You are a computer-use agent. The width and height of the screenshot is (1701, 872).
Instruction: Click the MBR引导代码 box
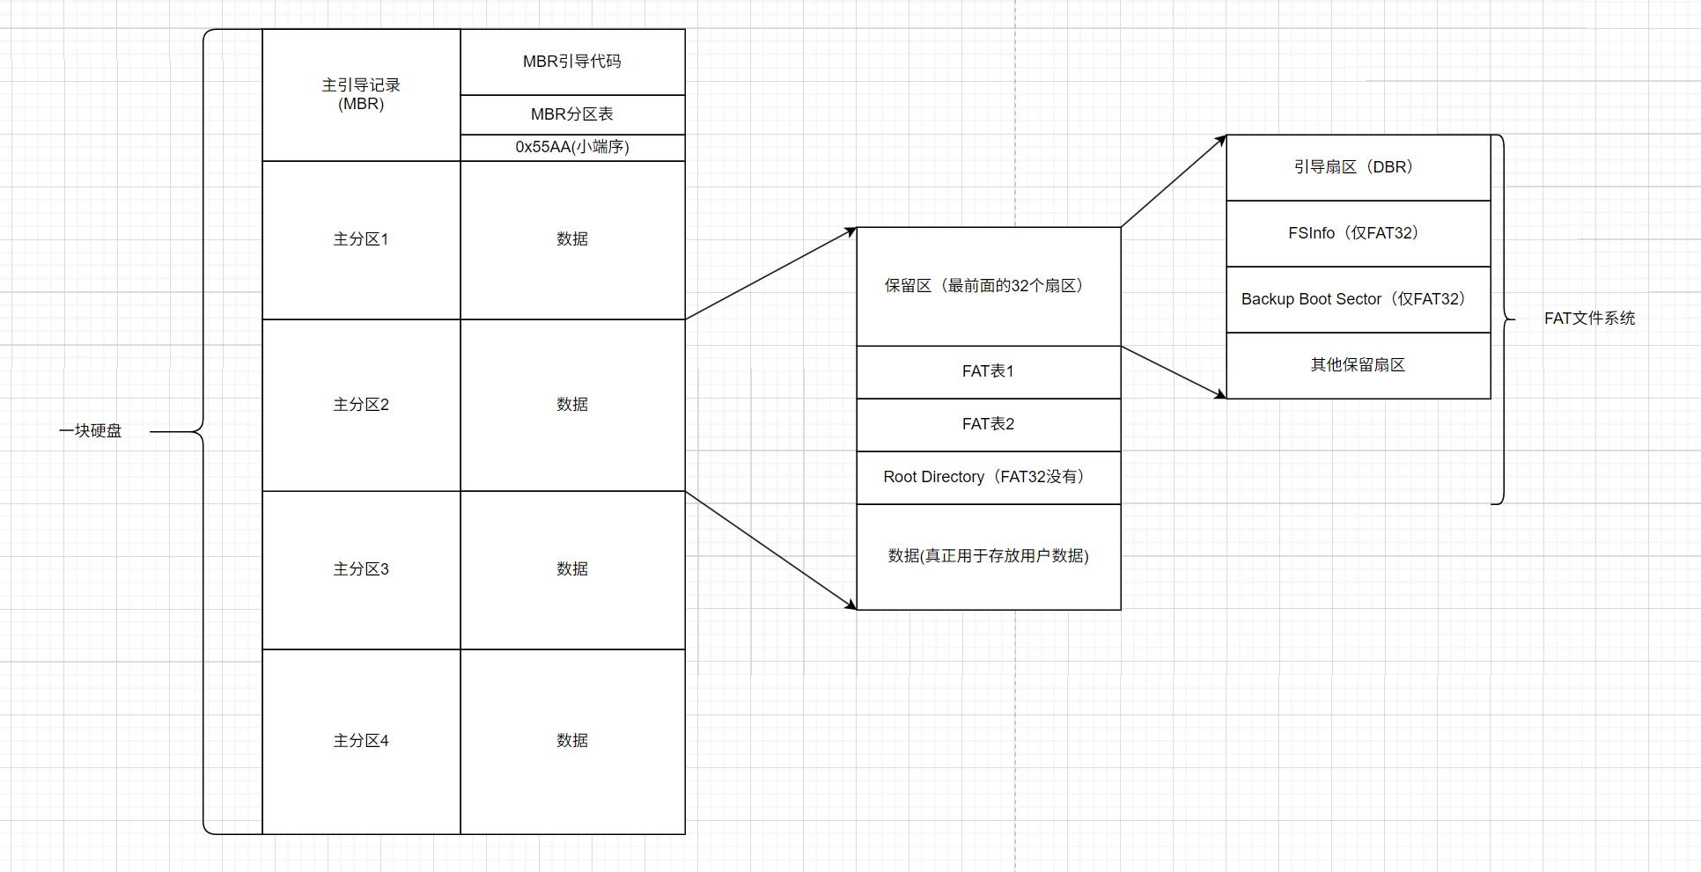[572, 62]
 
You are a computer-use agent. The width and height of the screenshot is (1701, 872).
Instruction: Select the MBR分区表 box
[572, 114]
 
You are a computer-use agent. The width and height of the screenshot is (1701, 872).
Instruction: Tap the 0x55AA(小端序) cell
[572, 147]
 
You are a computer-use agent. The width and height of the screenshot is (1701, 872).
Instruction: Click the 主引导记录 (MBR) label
[361, 94]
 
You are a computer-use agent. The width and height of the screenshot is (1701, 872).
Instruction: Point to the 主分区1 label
[361, 239]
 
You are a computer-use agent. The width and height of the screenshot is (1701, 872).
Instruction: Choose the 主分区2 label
[361, 405]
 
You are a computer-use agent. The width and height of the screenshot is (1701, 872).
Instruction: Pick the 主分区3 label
[361, 569]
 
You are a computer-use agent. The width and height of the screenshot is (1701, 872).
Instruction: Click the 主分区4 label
[361, 741]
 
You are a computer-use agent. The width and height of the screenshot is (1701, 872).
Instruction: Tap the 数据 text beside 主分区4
[572, 741]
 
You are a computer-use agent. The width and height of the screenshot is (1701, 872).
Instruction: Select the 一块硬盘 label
[91, 431]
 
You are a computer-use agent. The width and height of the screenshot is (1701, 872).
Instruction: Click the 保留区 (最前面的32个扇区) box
[988, 286]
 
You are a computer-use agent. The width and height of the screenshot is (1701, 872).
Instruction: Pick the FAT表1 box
[988, 371]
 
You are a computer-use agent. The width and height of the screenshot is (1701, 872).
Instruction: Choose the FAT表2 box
[988, 424]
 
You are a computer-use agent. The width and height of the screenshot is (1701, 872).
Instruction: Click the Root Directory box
[988, 477]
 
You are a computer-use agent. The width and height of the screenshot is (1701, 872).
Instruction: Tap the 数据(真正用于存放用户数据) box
[988, 556]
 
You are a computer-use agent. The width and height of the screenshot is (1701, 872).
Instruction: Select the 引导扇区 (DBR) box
[1358, 167]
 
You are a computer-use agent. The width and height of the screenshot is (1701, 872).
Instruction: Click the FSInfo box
[1358, 233]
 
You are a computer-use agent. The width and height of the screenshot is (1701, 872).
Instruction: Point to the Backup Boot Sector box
[1358, 299]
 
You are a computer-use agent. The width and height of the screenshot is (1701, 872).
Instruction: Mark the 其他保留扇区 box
[1358, 365]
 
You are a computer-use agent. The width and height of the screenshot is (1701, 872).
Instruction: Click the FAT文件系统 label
[1589, 319]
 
